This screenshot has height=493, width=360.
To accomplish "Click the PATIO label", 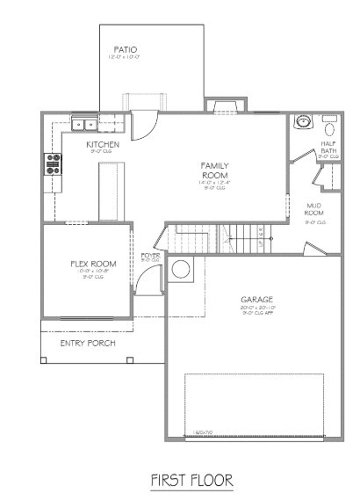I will pyautogui.click(x=125, y=50).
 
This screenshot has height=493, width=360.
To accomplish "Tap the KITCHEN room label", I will pyautogui.click(x=103, y=144).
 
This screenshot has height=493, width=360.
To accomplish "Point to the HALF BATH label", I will pyautogui.click(x=329, y=147).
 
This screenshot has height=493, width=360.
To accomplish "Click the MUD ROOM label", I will pyautogui.click(x=314, y=209).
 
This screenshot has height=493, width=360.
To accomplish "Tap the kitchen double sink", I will pyautogui.click(x=83, y=123).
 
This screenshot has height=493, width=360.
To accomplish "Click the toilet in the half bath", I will pyautogui.click(x=331, y=122).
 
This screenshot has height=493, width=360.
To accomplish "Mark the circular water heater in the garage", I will pyautogui.click(x=183, y=270).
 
